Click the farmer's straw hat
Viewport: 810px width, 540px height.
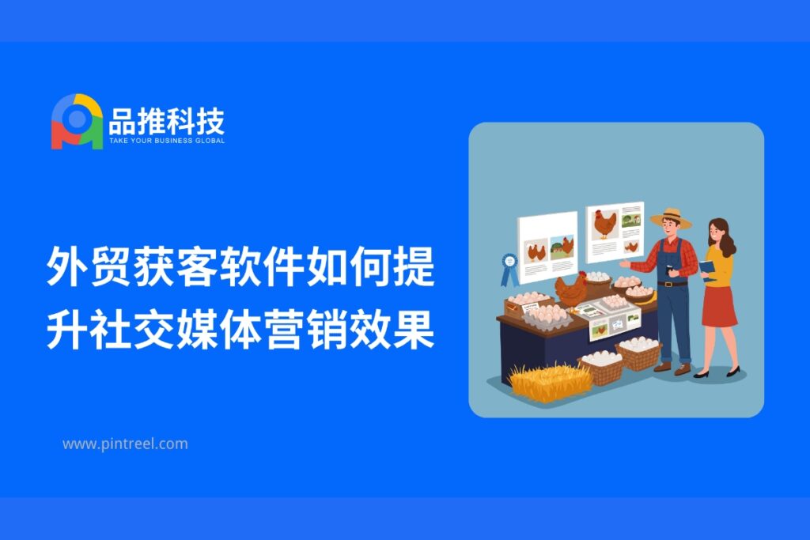[671, 218]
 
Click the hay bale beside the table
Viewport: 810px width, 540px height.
[550, 382]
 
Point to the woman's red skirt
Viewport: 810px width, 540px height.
[719, 306]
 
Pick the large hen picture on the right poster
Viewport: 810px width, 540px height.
[604, 224]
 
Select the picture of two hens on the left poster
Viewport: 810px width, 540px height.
[536, 251]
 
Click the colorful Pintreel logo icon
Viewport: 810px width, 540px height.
[77, 122]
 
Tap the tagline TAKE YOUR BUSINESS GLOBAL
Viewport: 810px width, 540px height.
[167, 141]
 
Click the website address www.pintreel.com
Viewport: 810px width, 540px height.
[125, 444]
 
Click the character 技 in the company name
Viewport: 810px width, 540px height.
[210, 122]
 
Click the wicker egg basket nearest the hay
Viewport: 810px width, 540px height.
[602, 368]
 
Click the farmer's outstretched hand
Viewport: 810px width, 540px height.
[625, 264]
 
